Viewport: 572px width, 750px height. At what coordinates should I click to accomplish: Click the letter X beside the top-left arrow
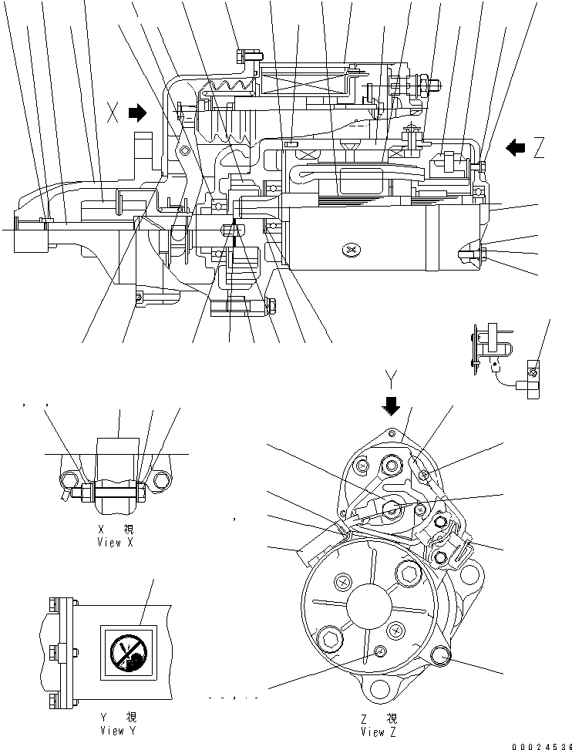pos(113,114)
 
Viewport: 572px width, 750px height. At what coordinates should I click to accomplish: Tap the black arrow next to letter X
pos(137,114)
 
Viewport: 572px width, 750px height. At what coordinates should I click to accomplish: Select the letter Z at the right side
pos(538,147)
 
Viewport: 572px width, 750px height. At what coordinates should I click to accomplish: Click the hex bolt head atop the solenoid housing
pos(244,55)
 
